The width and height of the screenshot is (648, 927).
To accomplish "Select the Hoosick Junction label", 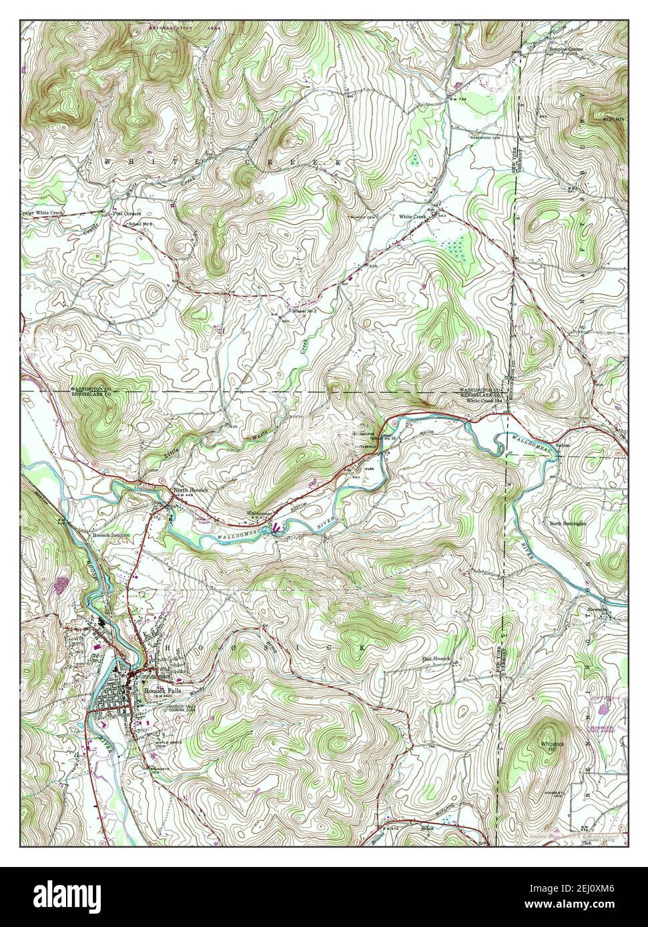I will [111, 535].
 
